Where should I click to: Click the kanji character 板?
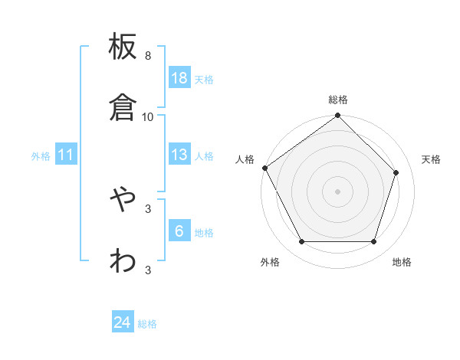point(123,47)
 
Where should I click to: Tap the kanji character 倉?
point(123,108)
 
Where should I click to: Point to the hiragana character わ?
point(123,260)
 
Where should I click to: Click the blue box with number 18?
point(179,78)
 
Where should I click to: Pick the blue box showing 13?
point(179,155)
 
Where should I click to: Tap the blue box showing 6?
point(179,231)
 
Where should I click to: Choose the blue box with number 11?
point(66,155)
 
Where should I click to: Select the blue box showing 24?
point(123,322)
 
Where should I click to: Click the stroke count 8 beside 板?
point(148,56)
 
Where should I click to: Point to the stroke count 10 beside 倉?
point(148,116)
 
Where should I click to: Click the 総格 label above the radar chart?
point(338,100)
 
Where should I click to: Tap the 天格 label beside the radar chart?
point(432,159)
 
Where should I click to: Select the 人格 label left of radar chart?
point(245,159)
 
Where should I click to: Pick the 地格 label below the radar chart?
point(402,263)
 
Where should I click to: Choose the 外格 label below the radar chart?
point(270,263)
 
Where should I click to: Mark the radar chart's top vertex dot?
point(338,116)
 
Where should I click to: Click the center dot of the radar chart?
point(338,191)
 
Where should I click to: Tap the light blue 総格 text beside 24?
point(147,324)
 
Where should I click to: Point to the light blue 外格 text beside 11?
point(41,156)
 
